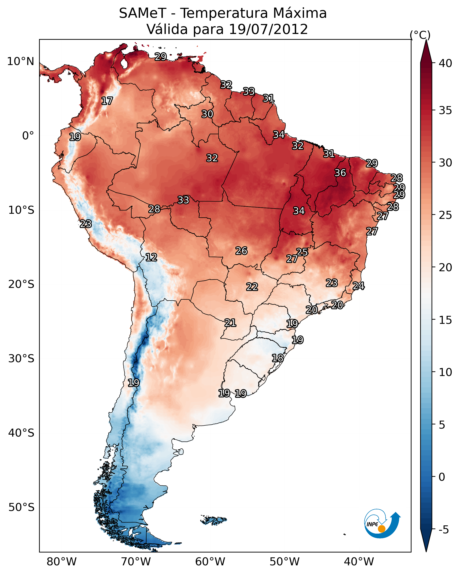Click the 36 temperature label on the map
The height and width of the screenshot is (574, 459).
340,173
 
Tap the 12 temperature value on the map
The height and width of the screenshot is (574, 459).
151,257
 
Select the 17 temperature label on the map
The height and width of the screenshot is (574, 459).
107,101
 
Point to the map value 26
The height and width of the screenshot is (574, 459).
241,251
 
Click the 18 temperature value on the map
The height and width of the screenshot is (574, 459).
278,358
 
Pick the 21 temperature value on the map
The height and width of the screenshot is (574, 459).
230,323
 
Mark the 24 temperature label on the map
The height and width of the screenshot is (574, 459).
358,286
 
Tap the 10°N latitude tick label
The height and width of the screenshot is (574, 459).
20,61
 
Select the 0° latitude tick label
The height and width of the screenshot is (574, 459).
28,136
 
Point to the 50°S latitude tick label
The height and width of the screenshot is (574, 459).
21,507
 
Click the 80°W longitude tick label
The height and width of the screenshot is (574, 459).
62,562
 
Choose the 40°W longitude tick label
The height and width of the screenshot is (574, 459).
359,562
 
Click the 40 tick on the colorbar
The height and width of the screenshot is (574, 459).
445,63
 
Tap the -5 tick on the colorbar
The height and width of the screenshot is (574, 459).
443,530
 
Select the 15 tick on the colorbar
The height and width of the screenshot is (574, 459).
445,320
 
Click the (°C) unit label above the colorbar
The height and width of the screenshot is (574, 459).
420,35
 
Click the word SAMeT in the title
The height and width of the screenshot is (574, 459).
143,13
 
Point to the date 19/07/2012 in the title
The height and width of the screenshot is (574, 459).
268,29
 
